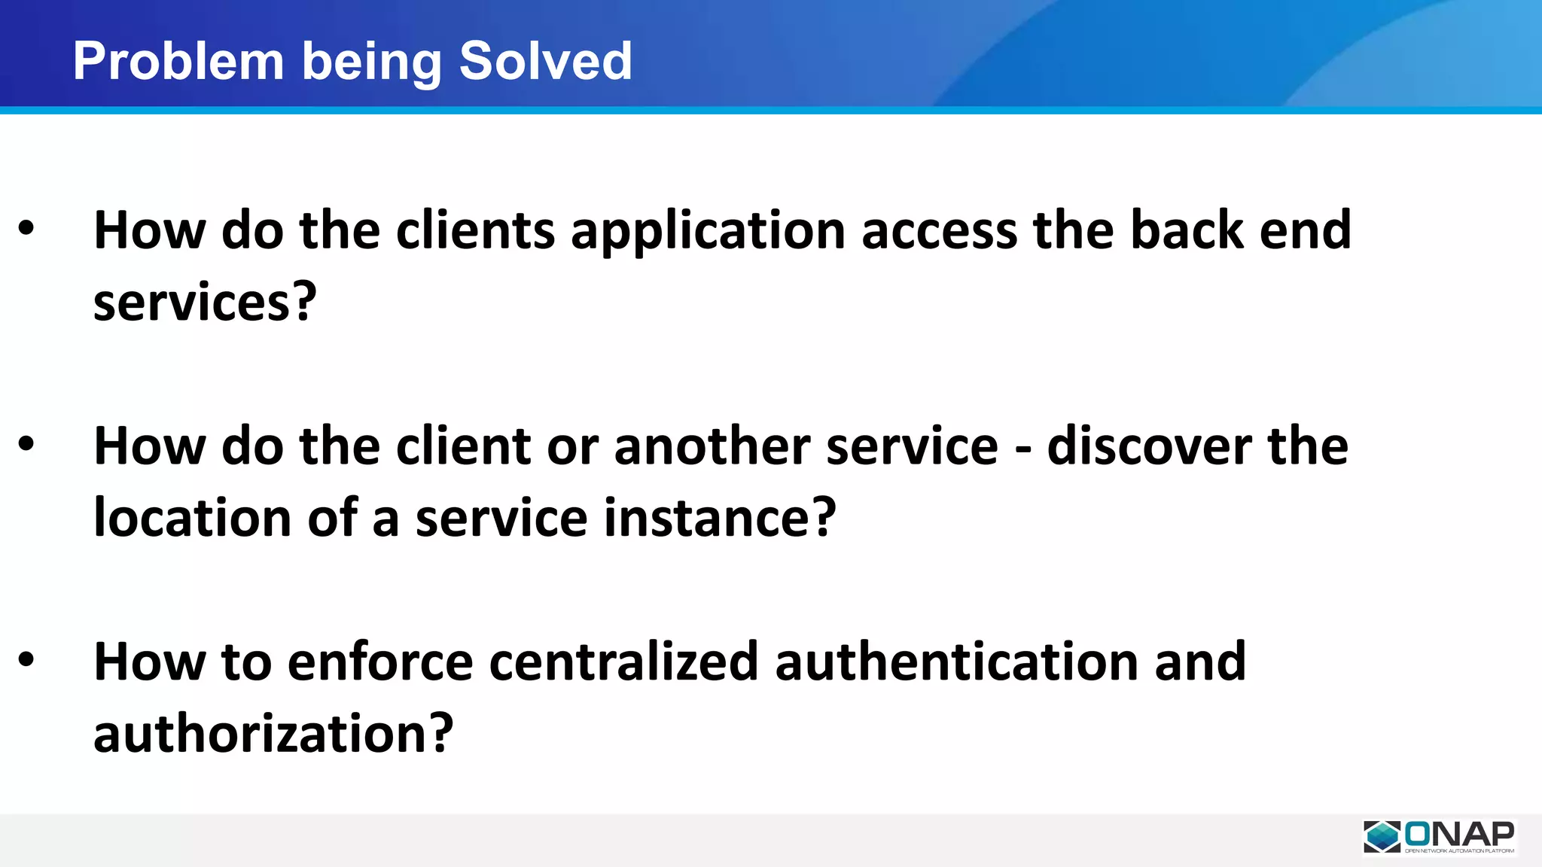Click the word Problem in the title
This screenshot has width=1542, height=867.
click(178, 61)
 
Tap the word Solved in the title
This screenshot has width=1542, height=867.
click(545, 61)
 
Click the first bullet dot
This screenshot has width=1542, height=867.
click(26, 228)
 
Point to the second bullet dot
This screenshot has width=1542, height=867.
click(26, 444)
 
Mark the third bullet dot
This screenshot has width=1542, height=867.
click(26, 659)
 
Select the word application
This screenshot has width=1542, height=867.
click(708, 232)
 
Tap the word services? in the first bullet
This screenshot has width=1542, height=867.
click(205, 302)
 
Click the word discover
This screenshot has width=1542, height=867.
click(1149, 446)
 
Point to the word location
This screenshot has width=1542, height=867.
click(192, 518)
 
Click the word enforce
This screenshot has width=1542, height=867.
click(380, 662)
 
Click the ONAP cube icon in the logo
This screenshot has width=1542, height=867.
click(1382, 836)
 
